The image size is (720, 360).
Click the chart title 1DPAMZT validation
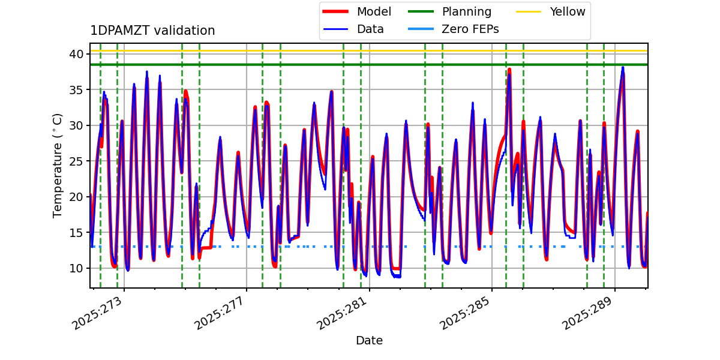click(x=152, y=31)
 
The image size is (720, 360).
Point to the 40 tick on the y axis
click(x=77, y=54)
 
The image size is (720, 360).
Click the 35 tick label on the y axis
click(x=77, y=90)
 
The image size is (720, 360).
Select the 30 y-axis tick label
click(x=77, y=125)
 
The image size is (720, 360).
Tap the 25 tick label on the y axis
click(x=77, y=161)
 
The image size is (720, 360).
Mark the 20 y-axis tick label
click(x=77, y=197)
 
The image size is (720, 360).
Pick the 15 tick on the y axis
click(x=77, y=232)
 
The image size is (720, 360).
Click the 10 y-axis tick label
click(x=77, y=268)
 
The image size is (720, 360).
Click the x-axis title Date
click(x=369, y=341)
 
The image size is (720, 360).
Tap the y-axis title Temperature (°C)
click(x=58, y=165)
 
